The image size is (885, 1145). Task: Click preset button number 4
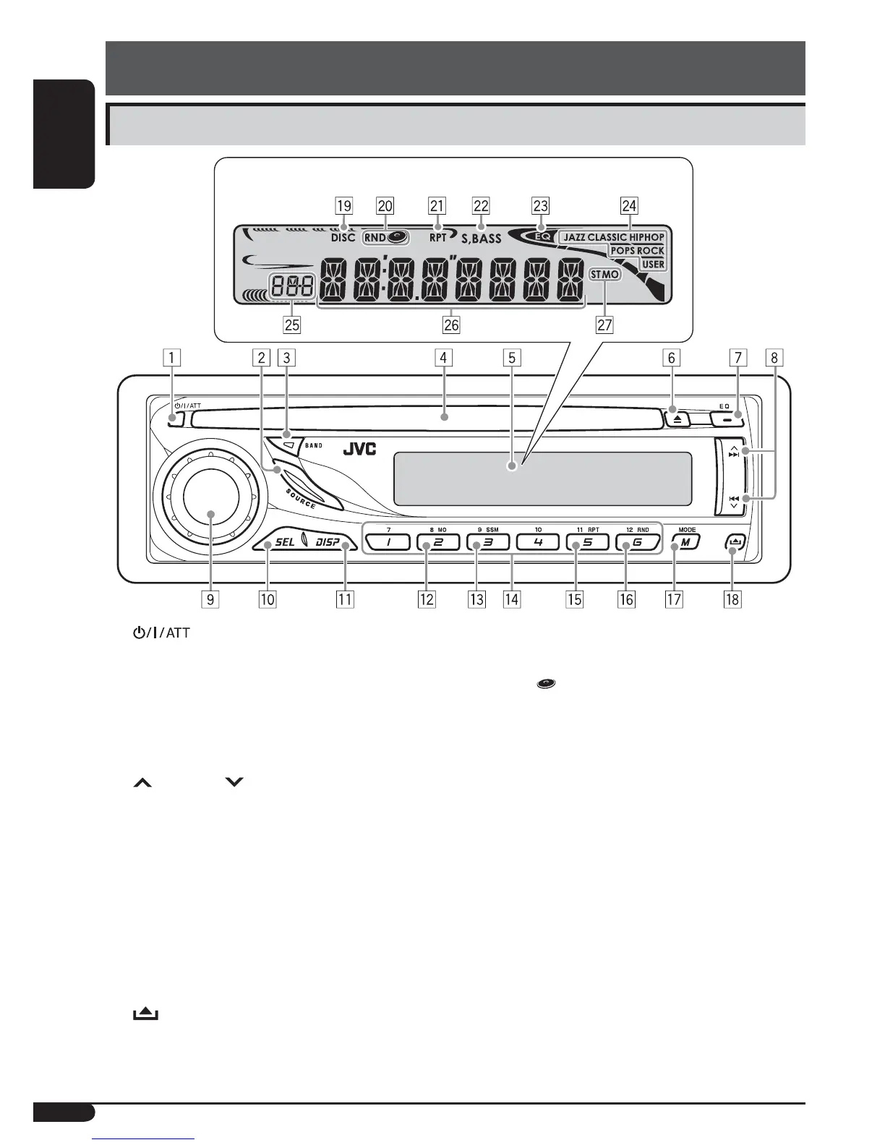point(538,542)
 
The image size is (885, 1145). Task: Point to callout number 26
point(451,325)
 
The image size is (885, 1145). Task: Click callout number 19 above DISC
point(344,206)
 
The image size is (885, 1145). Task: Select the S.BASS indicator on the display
point(481,239)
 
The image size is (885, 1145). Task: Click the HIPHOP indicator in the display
point(646,237)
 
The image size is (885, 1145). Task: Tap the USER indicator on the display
point(653,265)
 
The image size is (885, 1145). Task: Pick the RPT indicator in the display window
point(438,237)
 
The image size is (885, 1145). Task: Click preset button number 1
point(388,542)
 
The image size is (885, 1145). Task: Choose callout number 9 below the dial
point(211,599)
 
